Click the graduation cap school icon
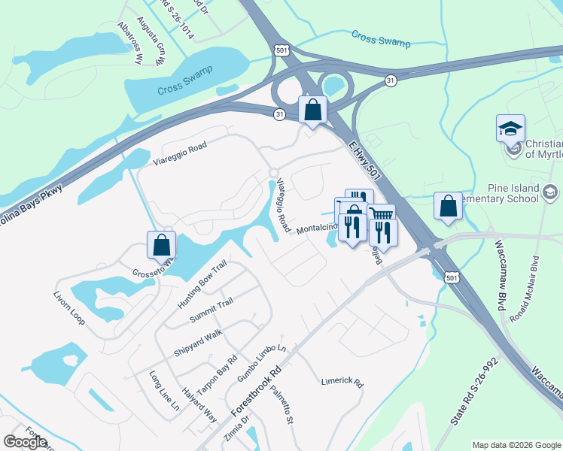pyautogui.click(x=510, y=128)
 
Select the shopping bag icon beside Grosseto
pyautogui.click(x=162, y=245)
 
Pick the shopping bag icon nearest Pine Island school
pyautogui.click(x=448, y=206)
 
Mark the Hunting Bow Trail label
pyautogui.click(x=202, y=279)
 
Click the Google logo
pyautogui.click(x=25, y=441)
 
